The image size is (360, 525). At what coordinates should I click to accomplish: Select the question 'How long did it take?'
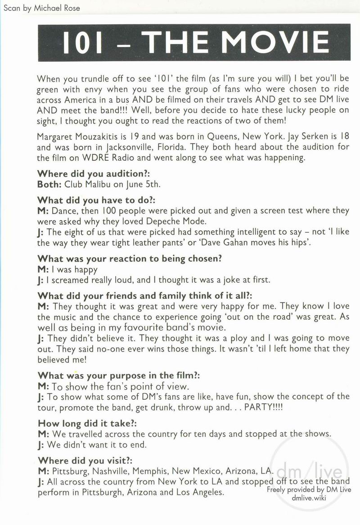(x=87, y=424)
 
